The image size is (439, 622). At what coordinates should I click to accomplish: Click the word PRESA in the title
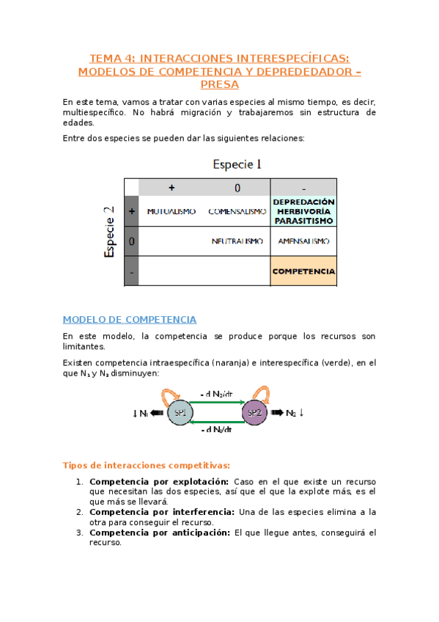click(x=219, y=84)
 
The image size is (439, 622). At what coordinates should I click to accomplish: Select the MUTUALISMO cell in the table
click(x=171, y=211)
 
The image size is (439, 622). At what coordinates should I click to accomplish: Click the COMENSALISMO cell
click(x=237, y=211)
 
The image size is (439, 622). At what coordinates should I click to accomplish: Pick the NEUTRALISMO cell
click(x=237, y=241)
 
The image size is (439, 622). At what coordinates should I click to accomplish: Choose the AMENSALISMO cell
click(x=303, y=241)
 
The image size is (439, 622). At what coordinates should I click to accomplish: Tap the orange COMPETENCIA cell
click(x=303, y=271)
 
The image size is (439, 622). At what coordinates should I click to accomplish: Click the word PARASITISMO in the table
click(x=303, y=220)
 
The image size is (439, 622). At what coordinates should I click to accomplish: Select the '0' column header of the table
click(x=237, y=188)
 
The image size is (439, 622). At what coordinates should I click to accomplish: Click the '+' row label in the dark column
click(x=131, y=211)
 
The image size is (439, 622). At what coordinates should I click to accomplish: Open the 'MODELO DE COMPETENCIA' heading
click(x=129, y=320)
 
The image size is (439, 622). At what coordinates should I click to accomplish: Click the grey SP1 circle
click(x=180, y=413)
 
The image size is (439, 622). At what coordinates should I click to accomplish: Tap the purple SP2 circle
click(x=254, y=413)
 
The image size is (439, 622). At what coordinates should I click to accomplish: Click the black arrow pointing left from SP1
click(x=157, y=413)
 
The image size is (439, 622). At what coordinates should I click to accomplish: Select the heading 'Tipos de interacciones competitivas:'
click(x=147, y=465)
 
